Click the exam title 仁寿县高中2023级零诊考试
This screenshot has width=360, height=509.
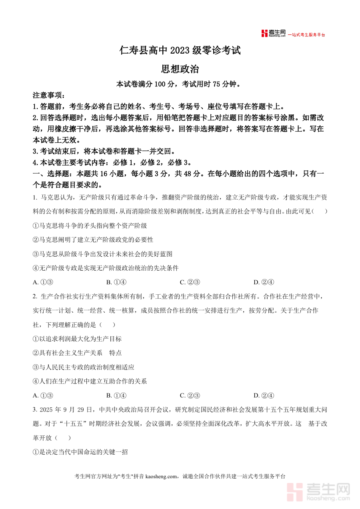180,51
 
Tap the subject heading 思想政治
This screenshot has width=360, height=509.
180,69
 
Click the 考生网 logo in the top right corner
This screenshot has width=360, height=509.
274,34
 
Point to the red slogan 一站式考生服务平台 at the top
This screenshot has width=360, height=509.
307,35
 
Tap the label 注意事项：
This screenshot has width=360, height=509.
48,96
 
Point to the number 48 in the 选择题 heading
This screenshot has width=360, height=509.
185,174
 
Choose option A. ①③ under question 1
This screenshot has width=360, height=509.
43,282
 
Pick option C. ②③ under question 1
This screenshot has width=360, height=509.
190,282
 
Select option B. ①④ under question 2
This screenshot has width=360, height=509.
116,395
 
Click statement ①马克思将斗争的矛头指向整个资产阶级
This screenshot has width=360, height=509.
90,226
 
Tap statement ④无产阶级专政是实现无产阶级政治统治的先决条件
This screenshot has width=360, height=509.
106,268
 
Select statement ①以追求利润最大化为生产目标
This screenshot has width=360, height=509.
77,339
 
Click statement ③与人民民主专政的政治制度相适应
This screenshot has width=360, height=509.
84,367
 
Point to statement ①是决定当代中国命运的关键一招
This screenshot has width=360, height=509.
80,452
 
